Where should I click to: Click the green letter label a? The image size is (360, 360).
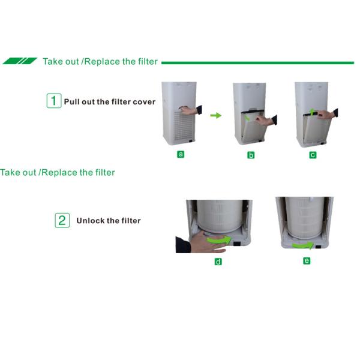[181, 154]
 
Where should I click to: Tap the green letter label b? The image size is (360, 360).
[251, 155]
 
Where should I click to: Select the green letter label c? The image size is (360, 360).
[313, 155]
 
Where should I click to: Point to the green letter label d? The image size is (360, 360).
[218, 262]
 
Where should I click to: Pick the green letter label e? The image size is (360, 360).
[307, 261]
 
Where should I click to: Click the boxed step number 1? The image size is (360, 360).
[53, 101]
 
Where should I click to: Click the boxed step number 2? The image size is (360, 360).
[62, 220]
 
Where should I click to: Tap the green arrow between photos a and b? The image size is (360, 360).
[215, 115]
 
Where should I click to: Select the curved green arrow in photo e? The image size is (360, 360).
[304, 244]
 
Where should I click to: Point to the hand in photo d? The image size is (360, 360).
[195, 243]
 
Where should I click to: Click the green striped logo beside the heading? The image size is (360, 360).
[20, 61]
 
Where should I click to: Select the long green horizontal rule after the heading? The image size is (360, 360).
[258, 62]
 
